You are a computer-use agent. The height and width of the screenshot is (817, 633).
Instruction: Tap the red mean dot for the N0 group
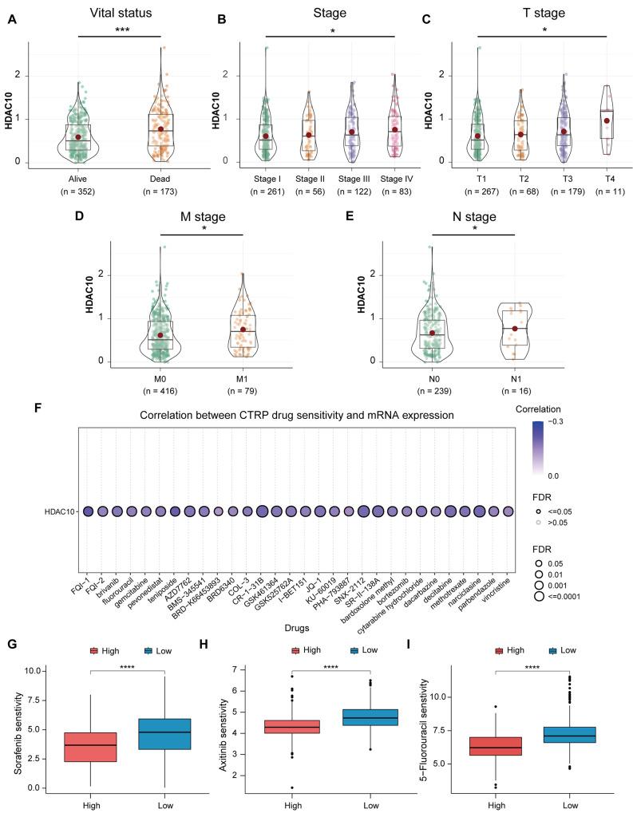[432, 333]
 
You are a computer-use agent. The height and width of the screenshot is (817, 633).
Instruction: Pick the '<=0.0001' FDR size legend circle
[537, 595]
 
